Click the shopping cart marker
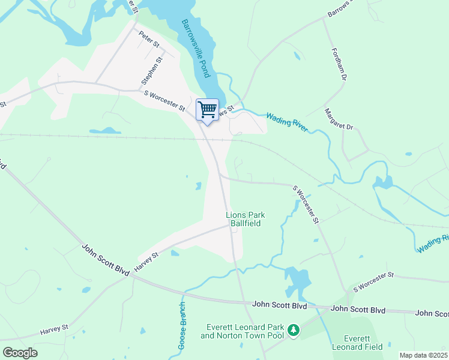[207, 110]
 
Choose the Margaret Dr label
[339, 119]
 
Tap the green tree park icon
[294, 331]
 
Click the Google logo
[19, 353]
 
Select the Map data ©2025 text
[423, 355]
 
